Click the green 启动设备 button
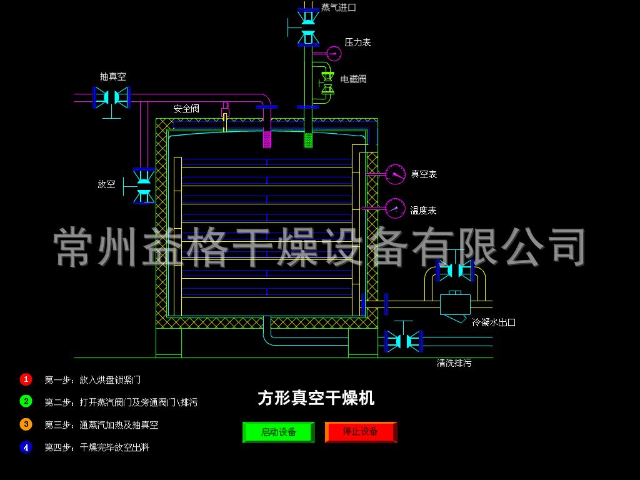(278, 432)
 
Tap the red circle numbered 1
(26, 379)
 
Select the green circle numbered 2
(26, 401)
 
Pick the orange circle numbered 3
(26, 424)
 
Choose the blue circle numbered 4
(26, 447)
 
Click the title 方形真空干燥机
(316, 398)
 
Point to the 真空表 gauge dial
(395, 174)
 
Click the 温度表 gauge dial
(395, 208)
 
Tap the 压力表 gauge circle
(334, 54)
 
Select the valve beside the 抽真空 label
(111, 97)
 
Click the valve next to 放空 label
(144, 186)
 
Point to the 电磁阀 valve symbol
(327, 83)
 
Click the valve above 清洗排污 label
(404, 341)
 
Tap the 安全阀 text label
(186, 109)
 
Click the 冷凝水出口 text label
(494, 322)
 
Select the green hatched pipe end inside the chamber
(308, 139)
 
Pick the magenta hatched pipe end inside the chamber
(267, 139)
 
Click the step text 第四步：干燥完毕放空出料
(97, 447)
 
